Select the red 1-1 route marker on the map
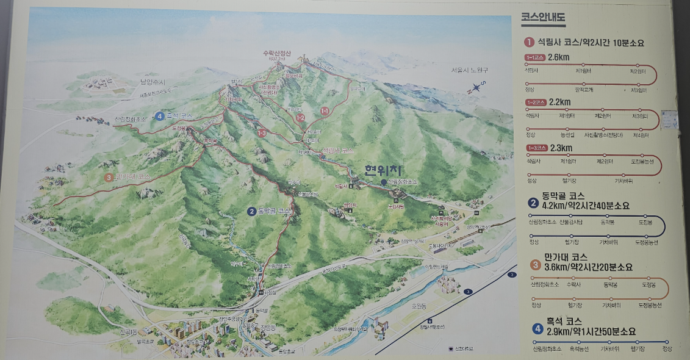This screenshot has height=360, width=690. (325, 111)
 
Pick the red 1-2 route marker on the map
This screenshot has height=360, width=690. (300, 117)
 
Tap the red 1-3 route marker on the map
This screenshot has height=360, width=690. (262, 132)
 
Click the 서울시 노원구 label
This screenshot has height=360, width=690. (470, 70)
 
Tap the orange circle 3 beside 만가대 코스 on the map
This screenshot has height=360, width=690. (109, 178)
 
